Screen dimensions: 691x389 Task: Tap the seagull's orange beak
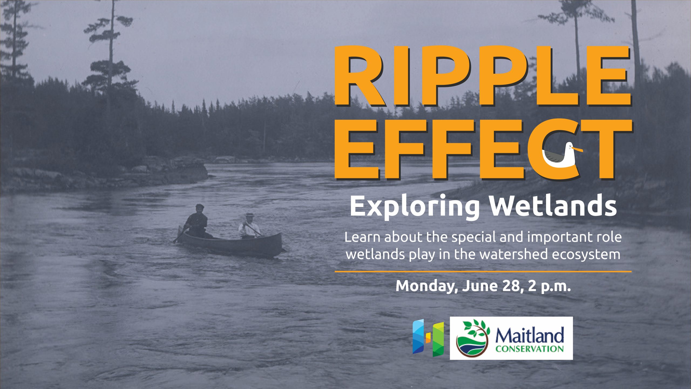click(578, 149)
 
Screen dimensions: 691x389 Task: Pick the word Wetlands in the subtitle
click(553, 206)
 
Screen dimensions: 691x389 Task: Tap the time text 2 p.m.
click(550, 286)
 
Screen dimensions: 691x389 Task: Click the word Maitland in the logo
click(529, 336)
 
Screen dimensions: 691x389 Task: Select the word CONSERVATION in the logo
click(529, 348)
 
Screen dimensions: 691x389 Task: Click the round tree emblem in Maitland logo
click(473, 338)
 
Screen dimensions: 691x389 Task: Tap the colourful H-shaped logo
click(428, 337)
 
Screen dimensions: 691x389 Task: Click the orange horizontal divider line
click(483, 271)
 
